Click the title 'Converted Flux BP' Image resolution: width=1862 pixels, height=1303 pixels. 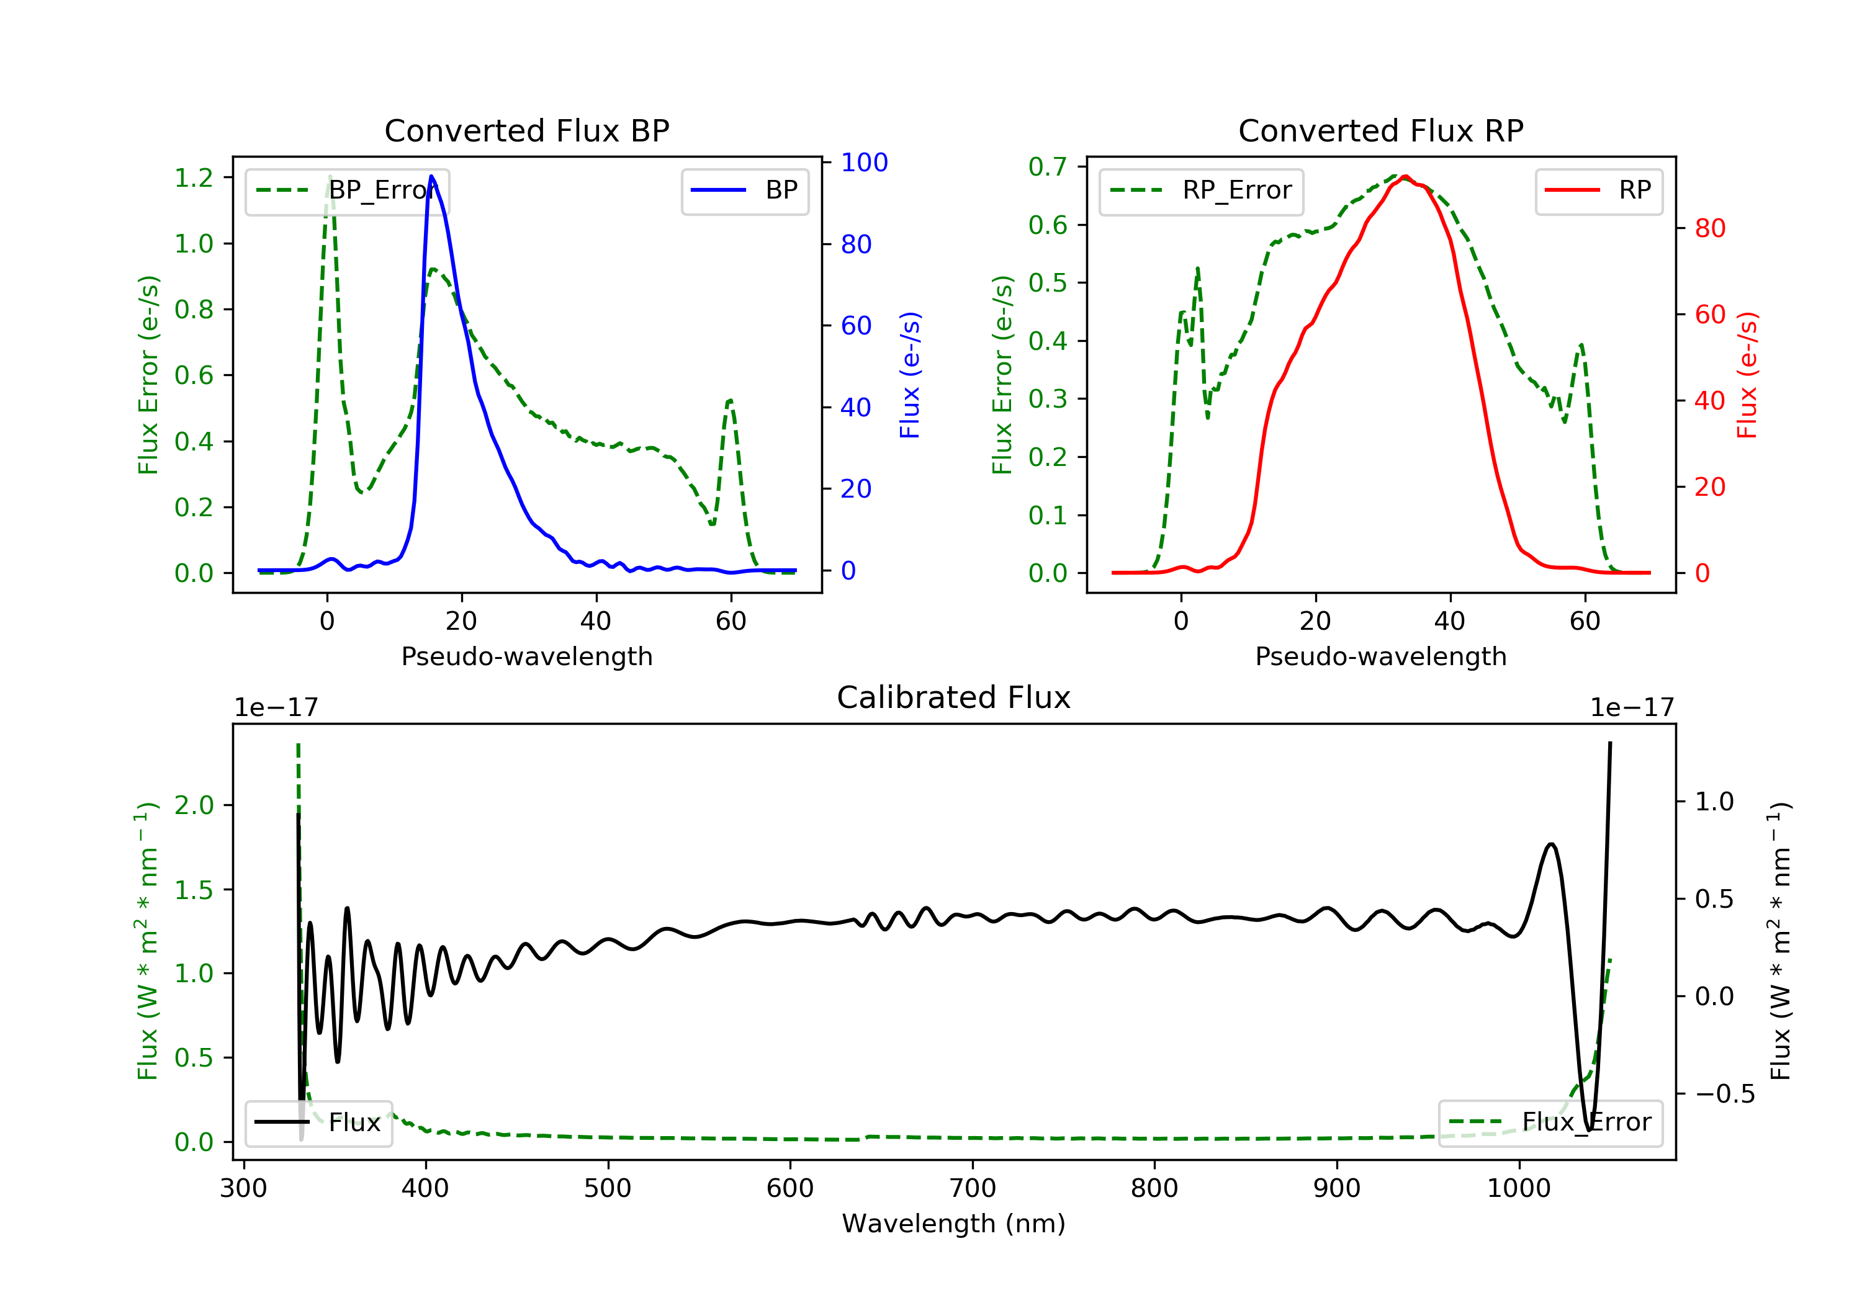[526, 130]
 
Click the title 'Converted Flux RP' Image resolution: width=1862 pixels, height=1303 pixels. [1380, 130]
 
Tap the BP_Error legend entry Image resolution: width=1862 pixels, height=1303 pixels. [347, 190]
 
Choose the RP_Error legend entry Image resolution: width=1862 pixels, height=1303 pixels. [1201, 190]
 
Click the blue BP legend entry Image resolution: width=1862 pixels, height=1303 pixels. [744, 190]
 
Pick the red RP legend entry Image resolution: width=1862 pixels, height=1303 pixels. [1598, 190]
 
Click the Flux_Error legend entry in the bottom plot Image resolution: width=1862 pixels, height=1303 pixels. [1550, 1122]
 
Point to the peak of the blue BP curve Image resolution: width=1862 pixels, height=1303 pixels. [431, 176]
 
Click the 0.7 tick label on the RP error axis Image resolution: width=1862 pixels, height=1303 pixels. [1048, 166]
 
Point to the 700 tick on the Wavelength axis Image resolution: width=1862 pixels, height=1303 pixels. [973, 1189]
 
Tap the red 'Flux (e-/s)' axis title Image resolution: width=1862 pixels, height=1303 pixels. [1747, 375]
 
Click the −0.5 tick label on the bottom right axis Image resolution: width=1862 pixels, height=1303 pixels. [1724, 1094]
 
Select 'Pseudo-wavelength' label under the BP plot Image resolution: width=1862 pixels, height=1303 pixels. [526, 656]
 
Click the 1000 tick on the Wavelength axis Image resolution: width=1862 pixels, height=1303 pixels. [1518, 1189]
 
